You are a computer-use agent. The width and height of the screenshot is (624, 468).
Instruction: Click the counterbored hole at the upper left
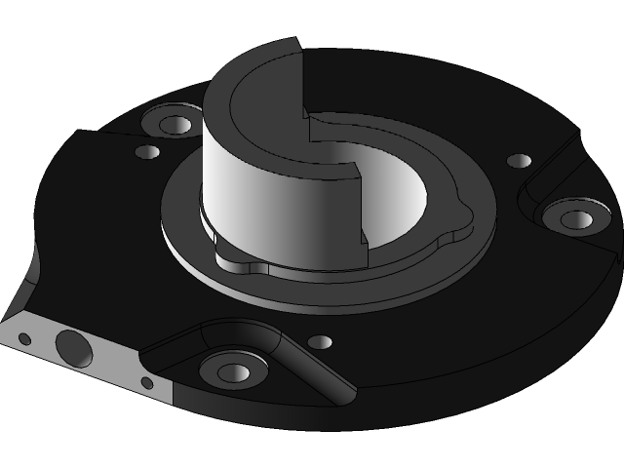click(x=176, y=125)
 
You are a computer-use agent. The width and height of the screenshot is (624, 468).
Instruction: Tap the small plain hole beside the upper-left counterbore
click(x=148, y=153)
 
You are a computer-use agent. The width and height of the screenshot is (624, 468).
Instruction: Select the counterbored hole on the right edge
click(x=576, y=219)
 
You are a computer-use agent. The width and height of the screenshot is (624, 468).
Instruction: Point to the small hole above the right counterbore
click(x=521, y=161)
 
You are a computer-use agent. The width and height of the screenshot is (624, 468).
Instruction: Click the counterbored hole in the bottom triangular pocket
click(x=234, y=371)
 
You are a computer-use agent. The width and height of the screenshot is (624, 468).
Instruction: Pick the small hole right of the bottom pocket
click(x=320, y=342)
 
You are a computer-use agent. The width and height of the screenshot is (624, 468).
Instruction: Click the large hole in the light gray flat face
click(x=73, y=346)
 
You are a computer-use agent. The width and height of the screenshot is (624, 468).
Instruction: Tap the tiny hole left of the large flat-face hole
click(x=25, y=339)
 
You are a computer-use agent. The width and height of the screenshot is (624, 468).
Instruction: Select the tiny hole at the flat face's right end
click(x=147, y=382)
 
